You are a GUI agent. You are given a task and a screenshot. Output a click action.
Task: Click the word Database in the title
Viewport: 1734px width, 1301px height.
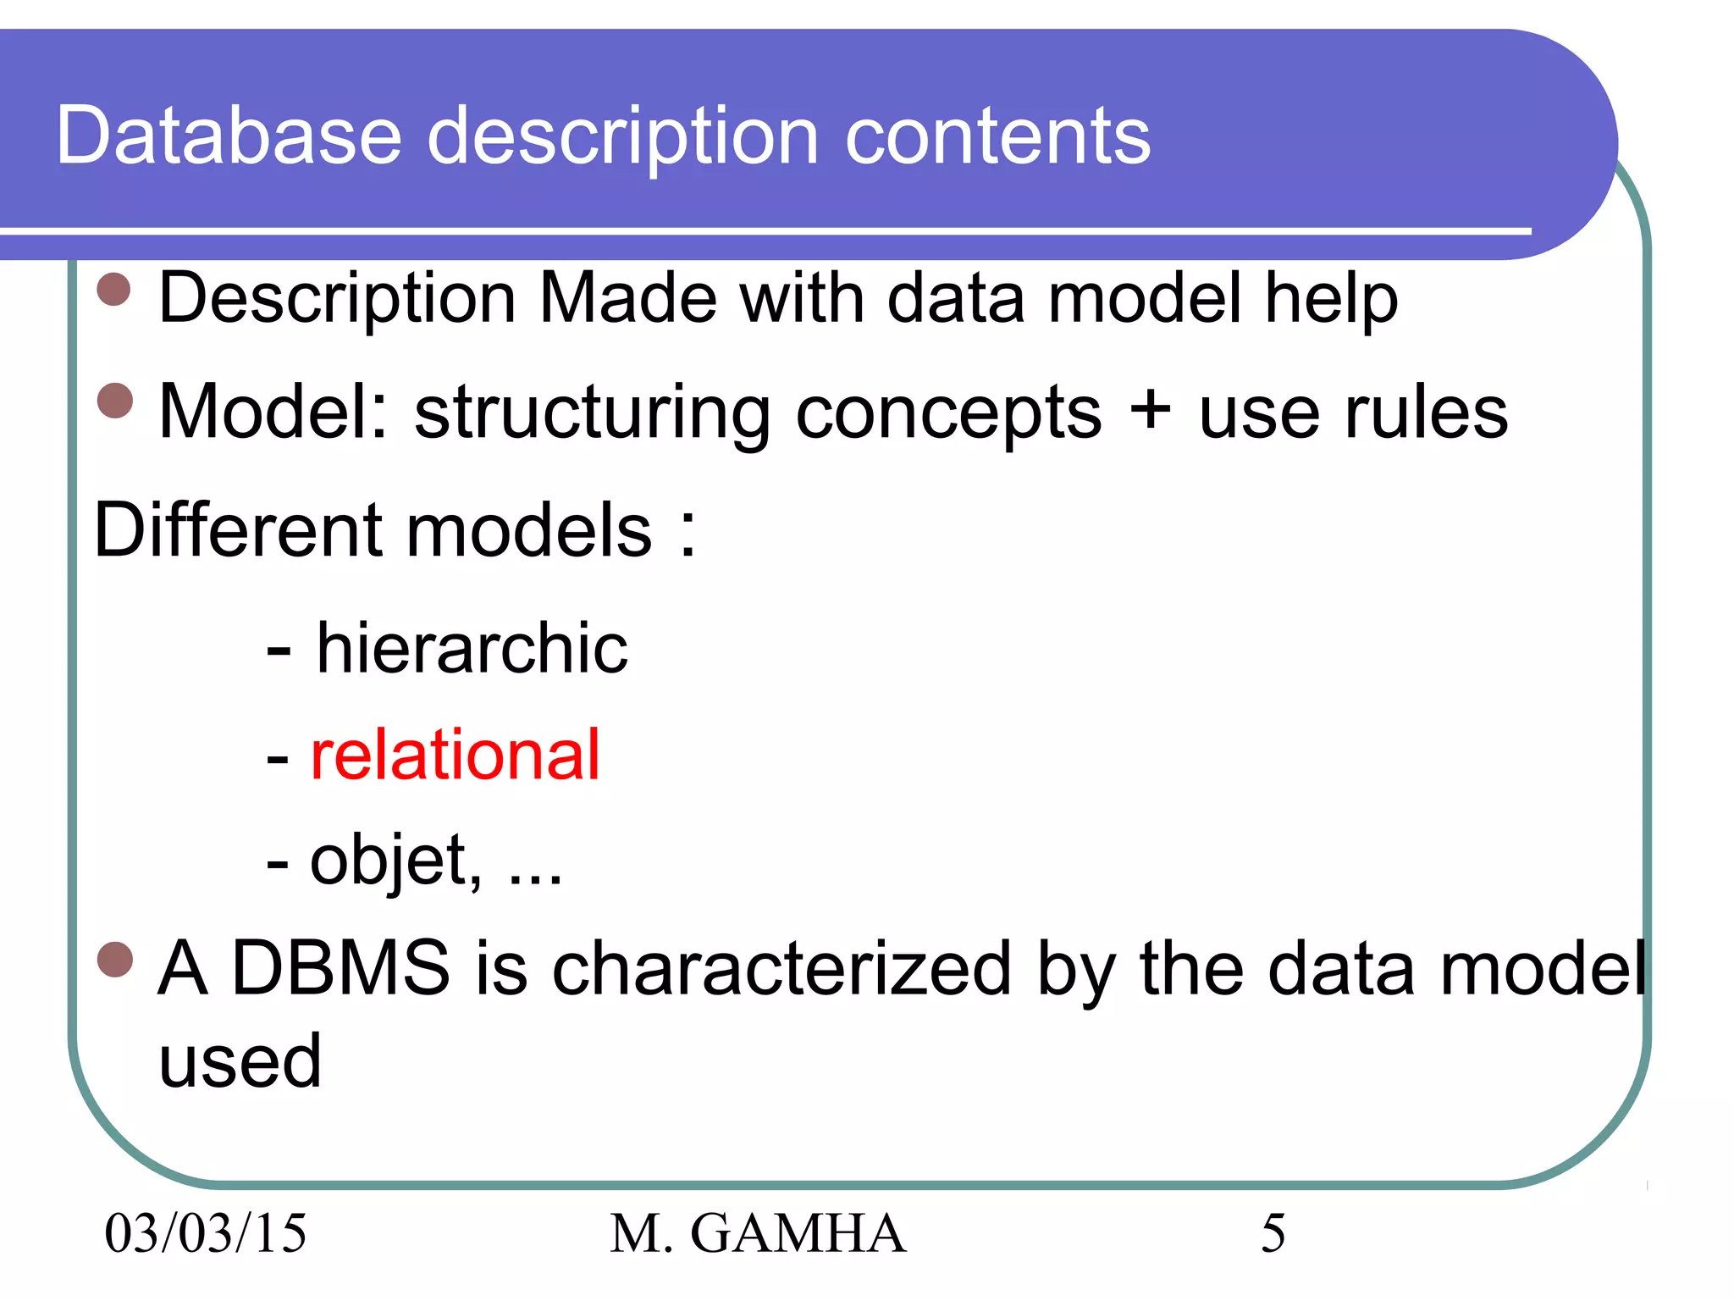pos(229,136)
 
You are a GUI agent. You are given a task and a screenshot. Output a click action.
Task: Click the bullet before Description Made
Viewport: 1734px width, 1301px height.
pos(114,290)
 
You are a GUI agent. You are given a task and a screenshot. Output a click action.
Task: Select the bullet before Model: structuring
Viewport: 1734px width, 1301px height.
pos(114,401)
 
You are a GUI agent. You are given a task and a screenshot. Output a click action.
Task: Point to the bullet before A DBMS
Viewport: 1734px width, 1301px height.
pos(114,959)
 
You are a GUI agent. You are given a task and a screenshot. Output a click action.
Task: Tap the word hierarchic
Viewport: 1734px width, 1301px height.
pos(472,648)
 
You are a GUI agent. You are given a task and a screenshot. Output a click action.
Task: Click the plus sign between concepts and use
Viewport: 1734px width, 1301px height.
pos(1150,411)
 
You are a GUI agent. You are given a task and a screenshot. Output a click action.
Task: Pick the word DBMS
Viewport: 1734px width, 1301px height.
pos(340,967)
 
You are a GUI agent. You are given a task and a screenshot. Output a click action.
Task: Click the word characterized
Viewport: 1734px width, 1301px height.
pos(781,967)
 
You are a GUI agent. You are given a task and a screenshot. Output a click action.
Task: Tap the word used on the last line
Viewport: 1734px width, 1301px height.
pos(240,1060)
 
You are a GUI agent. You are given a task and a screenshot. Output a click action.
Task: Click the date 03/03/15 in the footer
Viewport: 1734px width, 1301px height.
pos(205,1232)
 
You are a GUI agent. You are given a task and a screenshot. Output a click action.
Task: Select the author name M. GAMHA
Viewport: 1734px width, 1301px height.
pos(758,1232)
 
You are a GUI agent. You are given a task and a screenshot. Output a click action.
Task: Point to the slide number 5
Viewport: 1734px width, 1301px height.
pos(1273,1232)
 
